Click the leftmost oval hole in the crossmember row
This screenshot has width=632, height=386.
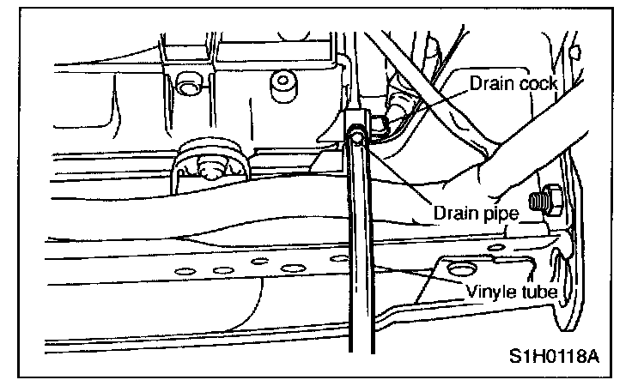click(183, 272)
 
